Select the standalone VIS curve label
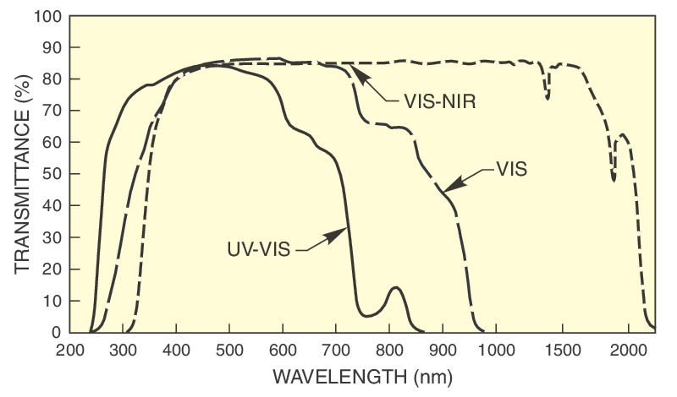coord(510,169)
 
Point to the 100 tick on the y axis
coord(47,17)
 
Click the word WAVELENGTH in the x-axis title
coord(339,374)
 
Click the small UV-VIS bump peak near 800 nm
coord(394,288)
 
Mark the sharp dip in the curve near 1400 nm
coord(548,98)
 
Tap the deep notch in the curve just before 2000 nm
coord(614,179)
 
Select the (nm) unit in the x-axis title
coord(432,374)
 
